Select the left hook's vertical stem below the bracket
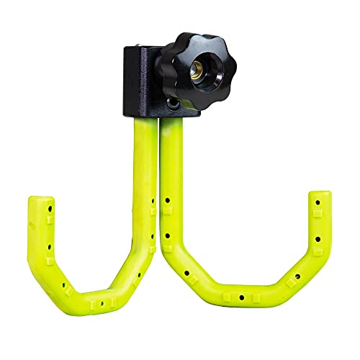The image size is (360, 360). (x=143, y=166)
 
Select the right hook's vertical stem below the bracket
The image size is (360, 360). (x=170, y=166)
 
